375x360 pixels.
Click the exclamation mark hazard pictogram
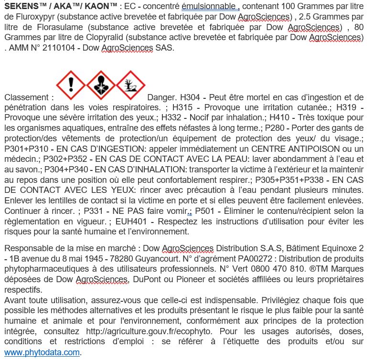(71, 85)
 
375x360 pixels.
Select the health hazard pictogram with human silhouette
(101, 85)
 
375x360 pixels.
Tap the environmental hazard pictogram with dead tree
(130, 85)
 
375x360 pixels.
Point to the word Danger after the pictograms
(163, 97)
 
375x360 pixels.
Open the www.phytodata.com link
(42, 352)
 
